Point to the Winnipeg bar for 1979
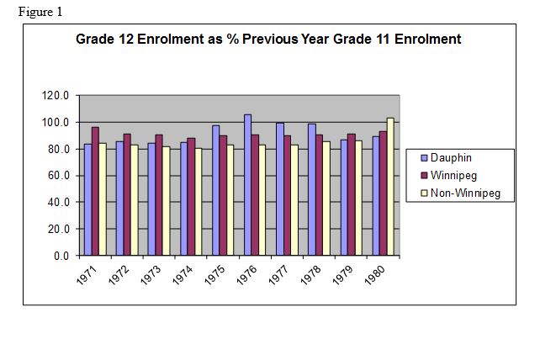351,194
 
